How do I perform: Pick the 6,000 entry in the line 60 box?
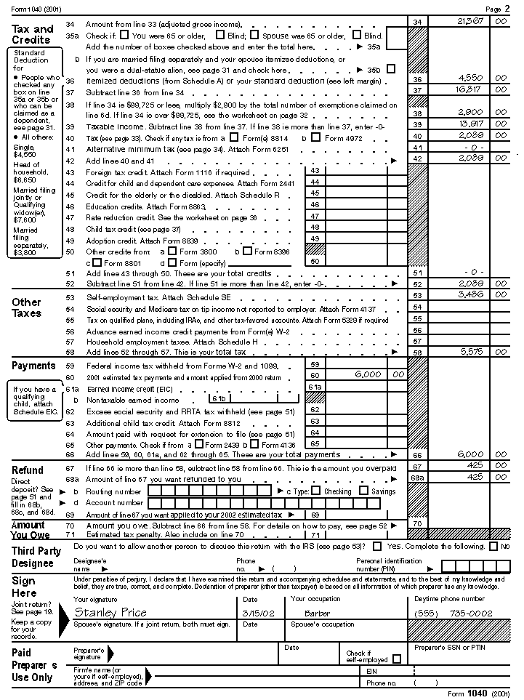click(368, 374)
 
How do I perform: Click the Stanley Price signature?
click(110, 612)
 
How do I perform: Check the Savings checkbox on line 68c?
click(364, 491)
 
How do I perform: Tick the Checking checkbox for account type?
click(318, 491)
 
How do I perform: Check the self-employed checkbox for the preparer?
click(396, 659)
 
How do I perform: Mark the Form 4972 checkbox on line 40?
click(318, 137)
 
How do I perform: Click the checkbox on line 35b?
click(391, 69)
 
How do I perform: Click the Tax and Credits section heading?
click(33, 34)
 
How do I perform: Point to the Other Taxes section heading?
click(27, 307)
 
